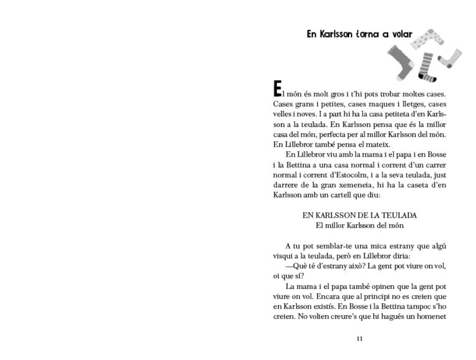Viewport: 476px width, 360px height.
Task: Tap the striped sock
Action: pyautogui.click(x=427, y=66)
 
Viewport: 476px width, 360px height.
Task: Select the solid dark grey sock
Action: pyautogui.click(x=400, y=61)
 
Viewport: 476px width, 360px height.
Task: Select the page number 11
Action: pyautogui.click(x=360, y=339)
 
